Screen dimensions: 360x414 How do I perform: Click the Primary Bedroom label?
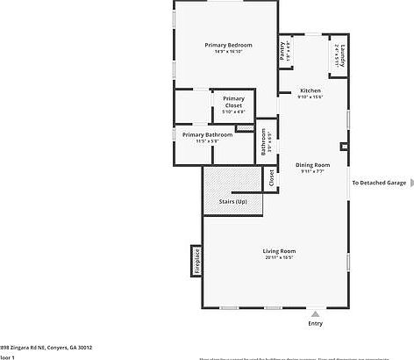pyautogui.click(x=228, y=45)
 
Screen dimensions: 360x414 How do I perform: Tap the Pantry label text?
pyautogui.click(x=282, y=53)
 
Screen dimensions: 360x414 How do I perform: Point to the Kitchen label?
pyautogui.click(x=310, y=91)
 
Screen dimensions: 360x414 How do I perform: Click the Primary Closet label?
pyautogui.click(x=233, y=102)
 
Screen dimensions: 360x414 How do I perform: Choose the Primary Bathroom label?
pyautogui.click(x=207, y=134)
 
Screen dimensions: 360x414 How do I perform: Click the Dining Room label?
pyautogui.click(x=312, y=165)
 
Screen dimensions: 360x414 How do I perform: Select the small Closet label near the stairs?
pyautogui.click(x=271, y=178)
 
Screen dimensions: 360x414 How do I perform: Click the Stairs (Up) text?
pyautogui.click(x=232, y=201)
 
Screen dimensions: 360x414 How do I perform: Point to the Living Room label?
pyautogui.click(x=276, y=251)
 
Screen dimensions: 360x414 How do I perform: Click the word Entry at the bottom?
pyautogui.click(x=315, y=323)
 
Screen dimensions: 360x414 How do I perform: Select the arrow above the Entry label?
pyautogui.click(x=315, y=312)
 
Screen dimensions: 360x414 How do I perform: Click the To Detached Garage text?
pyautogui.click(x=379, y=183)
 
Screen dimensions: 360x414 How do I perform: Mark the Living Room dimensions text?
pyautogui.click(x=276, y=258)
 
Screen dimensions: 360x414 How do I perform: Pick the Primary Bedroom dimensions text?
pyautogui.click(x=228, y=52)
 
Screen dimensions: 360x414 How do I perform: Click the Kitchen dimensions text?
pyautogui.click(x=310, y=97)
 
